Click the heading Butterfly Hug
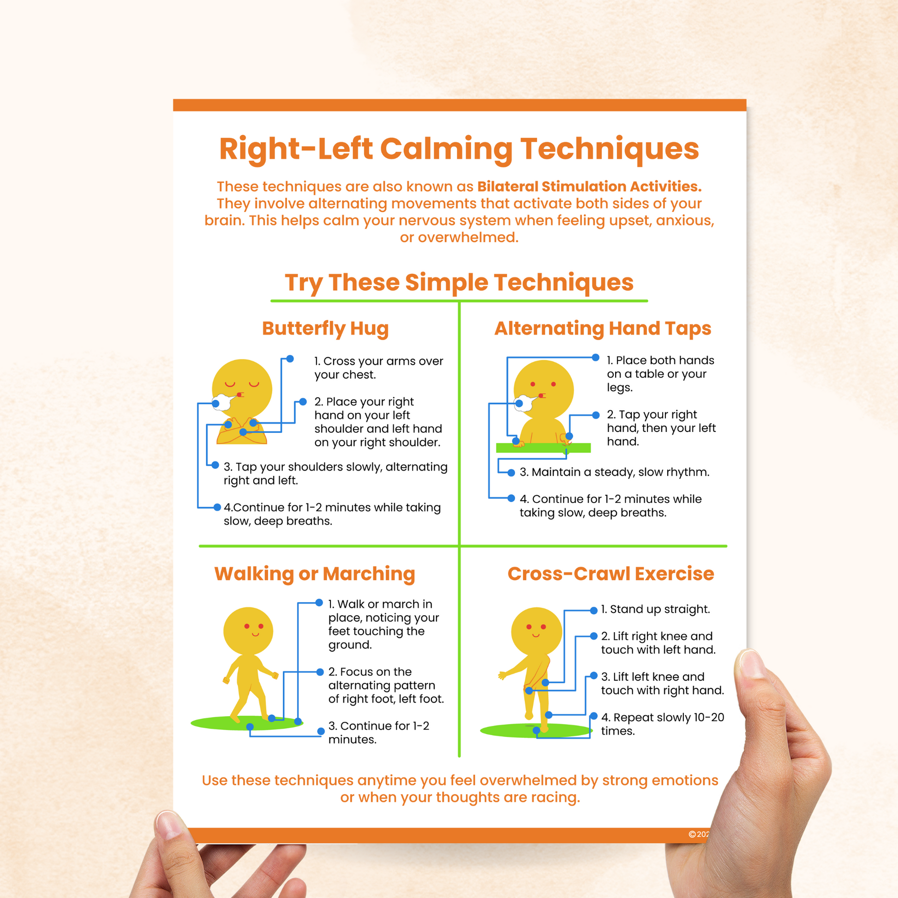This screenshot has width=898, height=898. coord(325,329)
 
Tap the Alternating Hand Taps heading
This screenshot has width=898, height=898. coord(603,329)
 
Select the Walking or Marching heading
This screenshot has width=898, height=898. coord(315,574)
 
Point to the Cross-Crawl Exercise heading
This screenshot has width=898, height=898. coord(611,574)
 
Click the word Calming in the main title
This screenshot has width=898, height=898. coord(446,149)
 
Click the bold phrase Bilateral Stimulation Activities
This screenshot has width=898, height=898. coord(589,186)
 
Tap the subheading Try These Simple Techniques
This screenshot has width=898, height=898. coord(459,282)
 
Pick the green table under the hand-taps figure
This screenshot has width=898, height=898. coord(543,448)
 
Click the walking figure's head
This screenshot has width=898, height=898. coord(248,631)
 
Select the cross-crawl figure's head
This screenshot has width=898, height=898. coord(537,631)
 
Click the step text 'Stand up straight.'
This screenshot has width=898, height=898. coord(655,609)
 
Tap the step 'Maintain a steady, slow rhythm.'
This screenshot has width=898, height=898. coord(615,472)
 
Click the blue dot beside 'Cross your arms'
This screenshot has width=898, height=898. coord(290,359)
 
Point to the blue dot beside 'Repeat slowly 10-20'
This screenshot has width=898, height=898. coord(593,716)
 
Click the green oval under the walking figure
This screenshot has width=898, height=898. coord(247,723)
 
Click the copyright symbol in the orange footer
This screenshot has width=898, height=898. coord(692,834)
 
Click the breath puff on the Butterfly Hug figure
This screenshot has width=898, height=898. coord(223,402)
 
